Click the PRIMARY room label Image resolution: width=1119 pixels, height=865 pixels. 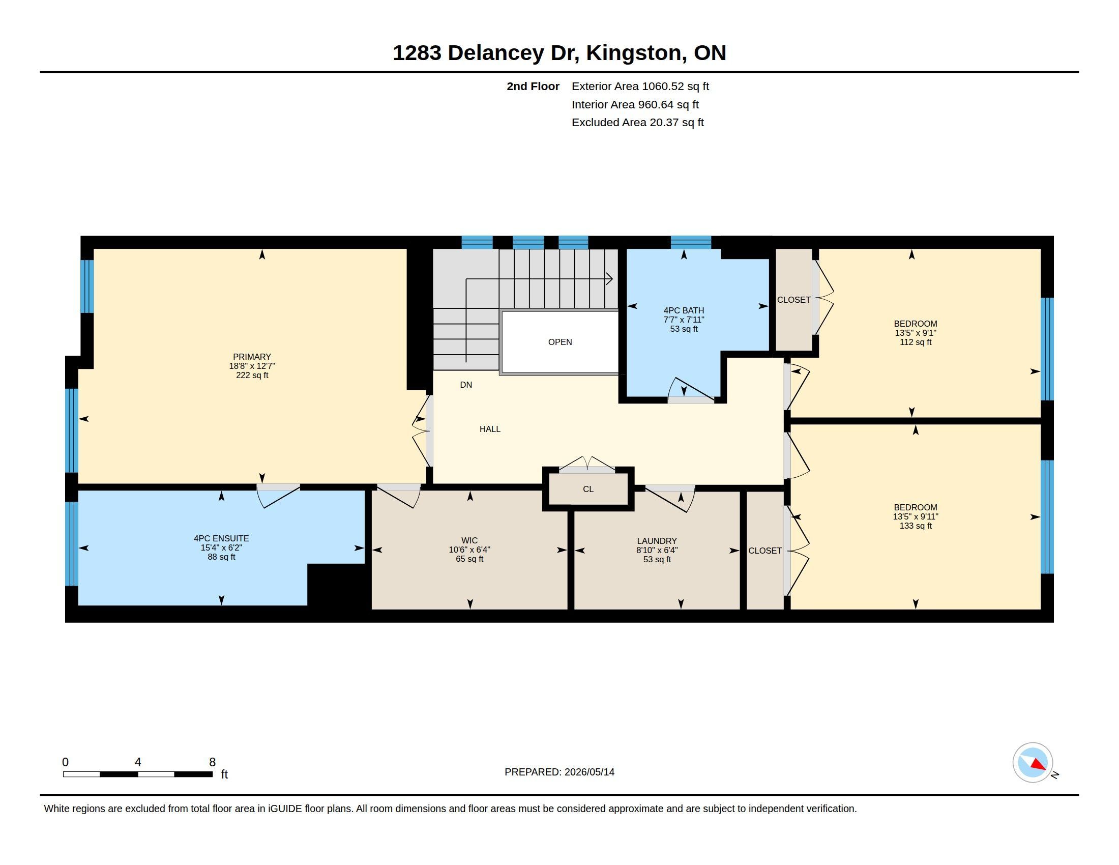coord(252,357)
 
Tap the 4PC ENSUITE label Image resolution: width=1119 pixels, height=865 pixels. coord(221,538)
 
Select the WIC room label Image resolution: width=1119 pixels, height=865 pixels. coord(469,540)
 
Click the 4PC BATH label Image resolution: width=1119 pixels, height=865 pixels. coord(684,310)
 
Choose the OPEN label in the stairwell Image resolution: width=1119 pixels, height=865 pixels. coord(560,342)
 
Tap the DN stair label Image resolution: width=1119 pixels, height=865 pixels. coord(466,384)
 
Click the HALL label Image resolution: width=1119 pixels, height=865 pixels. coord(490,429)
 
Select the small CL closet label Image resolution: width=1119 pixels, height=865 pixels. coord(588,489)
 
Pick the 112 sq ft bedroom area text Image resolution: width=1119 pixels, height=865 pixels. coord(916,342)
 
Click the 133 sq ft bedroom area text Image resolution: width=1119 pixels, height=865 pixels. coord(916,525)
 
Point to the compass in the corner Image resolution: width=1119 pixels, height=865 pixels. coord(1033,762)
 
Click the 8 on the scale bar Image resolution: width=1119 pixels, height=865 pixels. coord(212,762)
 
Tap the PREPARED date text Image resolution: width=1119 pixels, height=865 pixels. coord(559,772)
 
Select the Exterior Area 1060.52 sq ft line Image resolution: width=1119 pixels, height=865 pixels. coord(640,86)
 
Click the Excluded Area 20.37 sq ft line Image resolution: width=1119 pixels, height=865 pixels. coord(638,122)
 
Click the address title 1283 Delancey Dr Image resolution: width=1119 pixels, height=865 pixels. coord(486,52)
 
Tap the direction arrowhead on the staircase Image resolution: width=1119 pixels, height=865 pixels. coord(609,279)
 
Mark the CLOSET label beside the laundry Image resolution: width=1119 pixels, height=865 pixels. coord(765,551)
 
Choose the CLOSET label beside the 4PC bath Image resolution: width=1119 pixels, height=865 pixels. coord(793,299)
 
